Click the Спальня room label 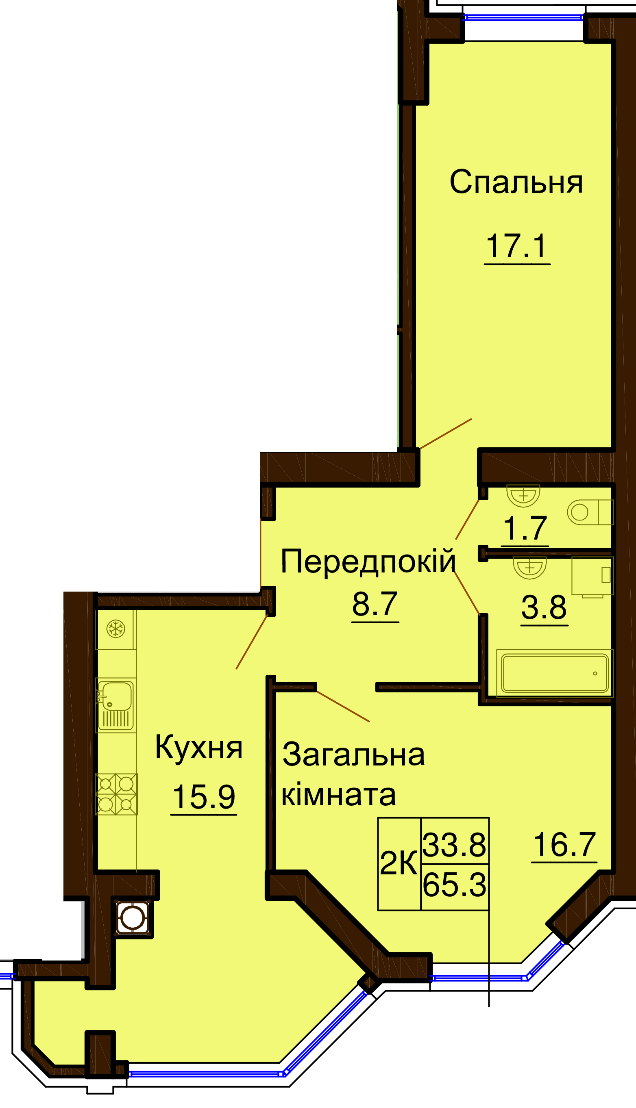(x=516, y=182)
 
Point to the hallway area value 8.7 (x=375, y=605)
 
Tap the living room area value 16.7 (x=564, y=845)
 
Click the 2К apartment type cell (x=399, y=864)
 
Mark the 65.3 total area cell (x=455, y=886)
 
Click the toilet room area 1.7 (x=525, y=529)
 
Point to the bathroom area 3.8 (x=544, y=607)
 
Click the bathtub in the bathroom (x=555, y=673)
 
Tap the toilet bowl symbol (x=590, y=512)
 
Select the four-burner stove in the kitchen (x=116, y=794)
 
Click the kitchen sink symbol (x=116, y=705)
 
